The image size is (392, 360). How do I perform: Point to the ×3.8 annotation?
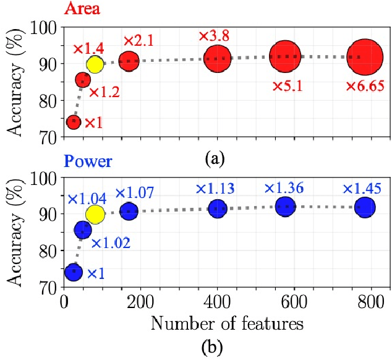click(x=213, y=36)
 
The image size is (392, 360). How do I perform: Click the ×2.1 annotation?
click(x=138, y=41)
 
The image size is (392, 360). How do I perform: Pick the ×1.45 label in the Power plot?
click(x=364, y=188)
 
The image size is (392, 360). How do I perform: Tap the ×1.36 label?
click(x=286, y=188)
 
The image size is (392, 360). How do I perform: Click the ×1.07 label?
click(x=135, y=193)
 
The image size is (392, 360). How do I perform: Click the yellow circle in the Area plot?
click(x=95, y=64)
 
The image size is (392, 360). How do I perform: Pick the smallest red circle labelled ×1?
click(x=74, y=122)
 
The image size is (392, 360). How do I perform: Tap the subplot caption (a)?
click(x=214, y=159)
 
